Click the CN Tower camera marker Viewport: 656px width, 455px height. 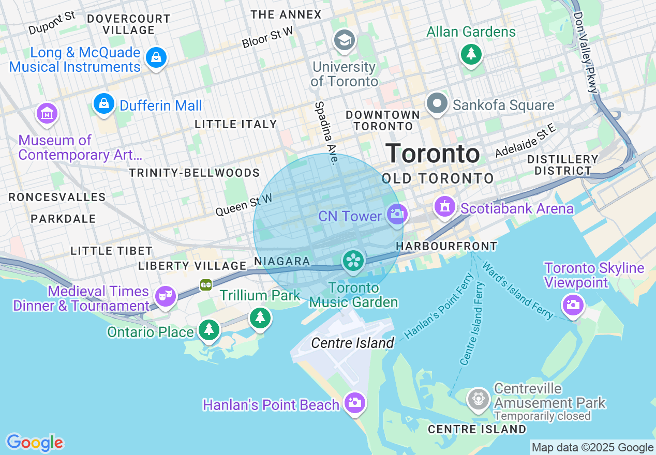(397, 214)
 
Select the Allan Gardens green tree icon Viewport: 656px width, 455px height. (471, 54)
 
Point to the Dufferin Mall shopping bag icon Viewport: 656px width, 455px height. (104, 103)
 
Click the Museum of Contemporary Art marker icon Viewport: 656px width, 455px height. (47, 113)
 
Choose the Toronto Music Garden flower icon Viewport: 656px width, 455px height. (353, 260)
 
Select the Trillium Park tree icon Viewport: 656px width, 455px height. (260, 317)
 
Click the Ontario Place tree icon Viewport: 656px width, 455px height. (209, 329)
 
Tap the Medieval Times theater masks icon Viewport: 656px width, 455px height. (166, 296)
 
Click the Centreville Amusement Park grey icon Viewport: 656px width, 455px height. (479, 399)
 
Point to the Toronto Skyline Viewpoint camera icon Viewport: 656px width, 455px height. (573, 304)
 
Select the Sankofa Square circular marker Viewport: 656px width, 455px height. (437, 104)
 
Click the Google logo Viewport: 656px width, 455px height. (35, 443)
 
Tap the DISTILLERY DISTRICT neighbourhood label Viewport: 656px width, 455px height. (563, 165)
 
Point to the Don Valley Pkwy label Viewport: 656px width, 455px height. (585, 52)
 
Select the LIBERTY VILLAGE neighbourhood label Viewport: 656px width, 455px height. (192, 266)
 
